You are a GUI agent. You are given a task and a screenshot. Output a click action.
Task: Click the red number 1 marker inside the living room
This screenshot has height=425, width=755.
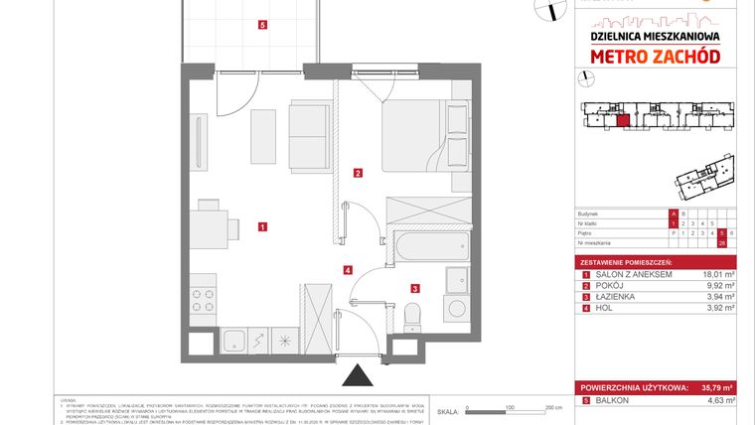(261, 226)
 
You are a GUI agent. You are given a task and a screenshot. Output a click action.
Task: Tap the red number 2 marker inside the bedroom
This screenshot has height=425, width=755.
(358, 174)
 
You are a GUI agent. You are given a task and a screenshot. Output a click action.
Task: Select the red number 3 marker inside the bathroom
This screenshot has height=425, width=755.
(414, 289)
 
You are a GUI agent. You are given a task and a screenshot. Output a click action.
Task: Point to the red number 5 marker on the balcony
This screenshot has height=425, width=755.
(261, 26)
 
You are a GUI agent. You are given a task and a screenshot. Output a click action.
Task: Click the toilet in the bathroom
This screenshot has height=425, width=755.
(413, 316)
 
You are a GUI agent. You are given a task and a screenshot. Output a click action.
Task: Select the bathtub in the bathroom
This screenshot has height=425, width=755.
(426, 247)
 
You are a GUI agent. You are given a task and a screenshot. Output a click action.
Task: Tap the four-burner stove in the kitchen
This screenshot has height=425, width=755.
(203, 300)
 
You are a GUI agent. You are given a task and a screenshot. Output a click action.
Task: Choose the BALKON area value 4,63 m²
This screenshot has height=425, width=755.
(716, 400)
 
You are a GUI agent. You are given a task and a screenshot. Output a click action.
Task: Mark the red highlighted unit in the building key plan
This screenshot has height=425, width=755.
(623, 122)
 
